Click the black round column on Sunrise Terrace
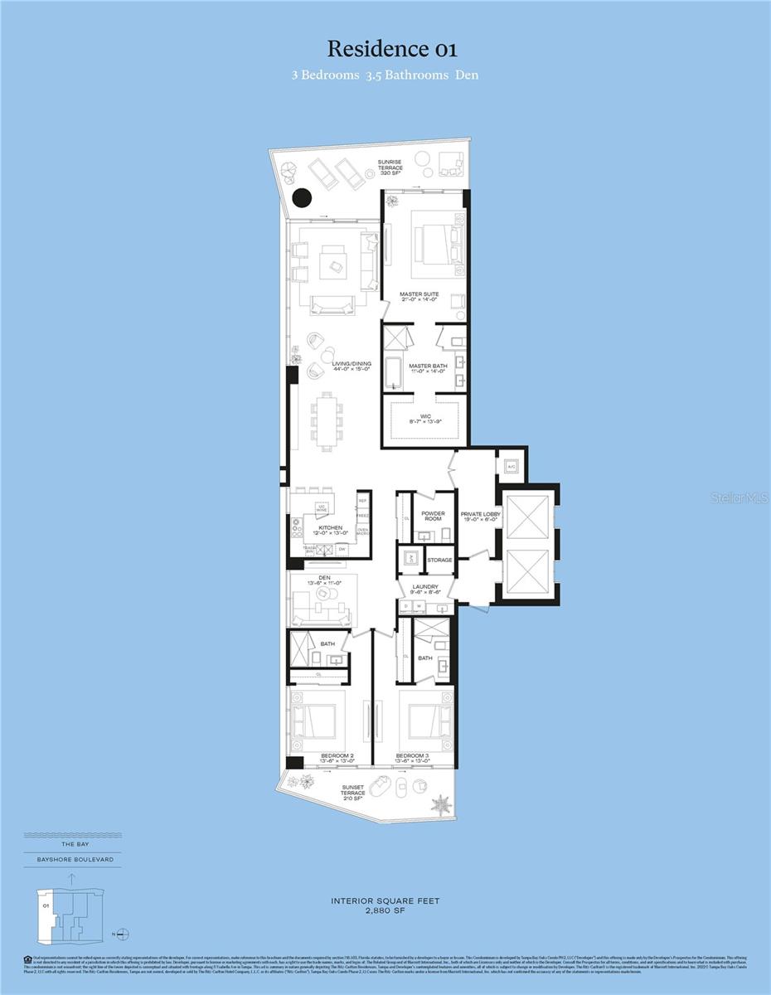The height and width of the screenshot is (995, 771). [x=302, y=199]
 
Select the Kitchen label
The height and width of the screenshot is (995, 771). [x=330, y=531]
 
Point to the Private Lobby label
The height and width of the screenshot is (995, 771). [x=481, y=517]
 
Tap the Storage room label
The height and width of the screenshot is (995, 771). [x=439, y=561]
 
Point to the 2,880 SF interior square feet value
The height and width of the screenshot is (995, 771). [x=385, y=910]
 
